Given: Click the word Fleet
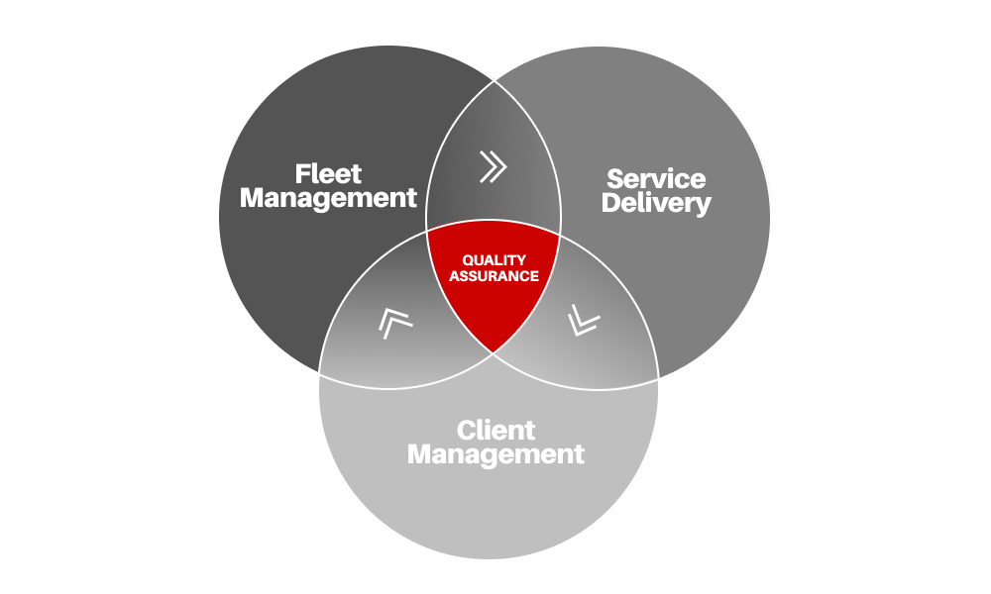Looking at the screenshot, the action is pos(328,173).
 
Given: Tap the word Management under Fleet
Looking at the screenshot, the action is pos(328,198).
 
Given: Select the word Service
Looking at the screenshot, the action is pos(656,179).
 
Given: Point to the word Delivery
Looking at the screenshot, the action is pos(656,203).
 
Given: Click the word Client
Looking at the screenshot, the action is pos(495,431).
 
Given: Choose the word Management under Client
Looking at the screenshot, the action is pos(495,454).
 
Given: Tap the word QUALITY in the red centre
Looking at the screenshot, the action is pos(494,260).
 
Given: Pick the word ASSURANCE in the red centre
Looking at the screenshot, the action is pos(494,276).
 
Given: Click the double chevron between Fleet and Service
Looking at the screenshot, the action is pos(493,166).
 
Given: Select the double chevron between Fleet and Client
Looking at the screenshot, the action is pos(394,323).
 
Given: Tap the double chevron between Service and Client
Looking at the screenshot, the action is pos(584,321).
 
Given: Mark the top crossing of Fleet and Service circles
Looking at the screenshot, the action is pos(494,81).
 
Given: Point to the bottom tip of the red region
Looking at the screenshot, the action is pos(493,352).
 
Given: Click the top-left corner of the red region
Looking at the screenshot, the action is pos(426,231).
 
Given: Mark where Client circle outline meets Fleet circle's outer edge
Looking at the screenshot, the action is pos(319,373).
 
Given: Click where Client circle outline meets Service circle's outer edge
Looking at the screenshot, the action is pos(659,378).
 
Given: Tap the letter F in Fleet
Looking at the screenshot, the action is pos(302,173).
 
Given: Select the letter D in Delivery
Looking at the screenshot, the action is pos(611,203).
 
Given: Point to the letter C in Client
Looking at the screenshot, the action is pos(467,431).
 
